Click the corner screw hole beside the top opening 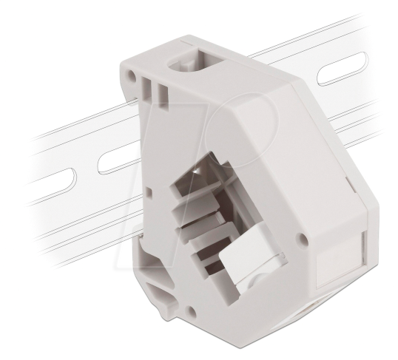tap(131, 75)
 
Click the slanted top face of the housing tap(252, 118)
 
